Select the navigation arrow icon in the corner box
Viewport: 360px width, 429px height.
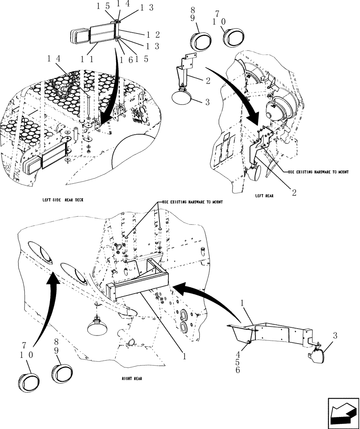(x=342, y=412)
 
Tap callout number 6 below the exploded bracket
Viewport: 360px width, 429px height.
(x=250, y=370)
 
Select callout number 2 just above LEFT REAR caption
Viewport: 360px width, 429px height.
(x=294, y=193)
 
